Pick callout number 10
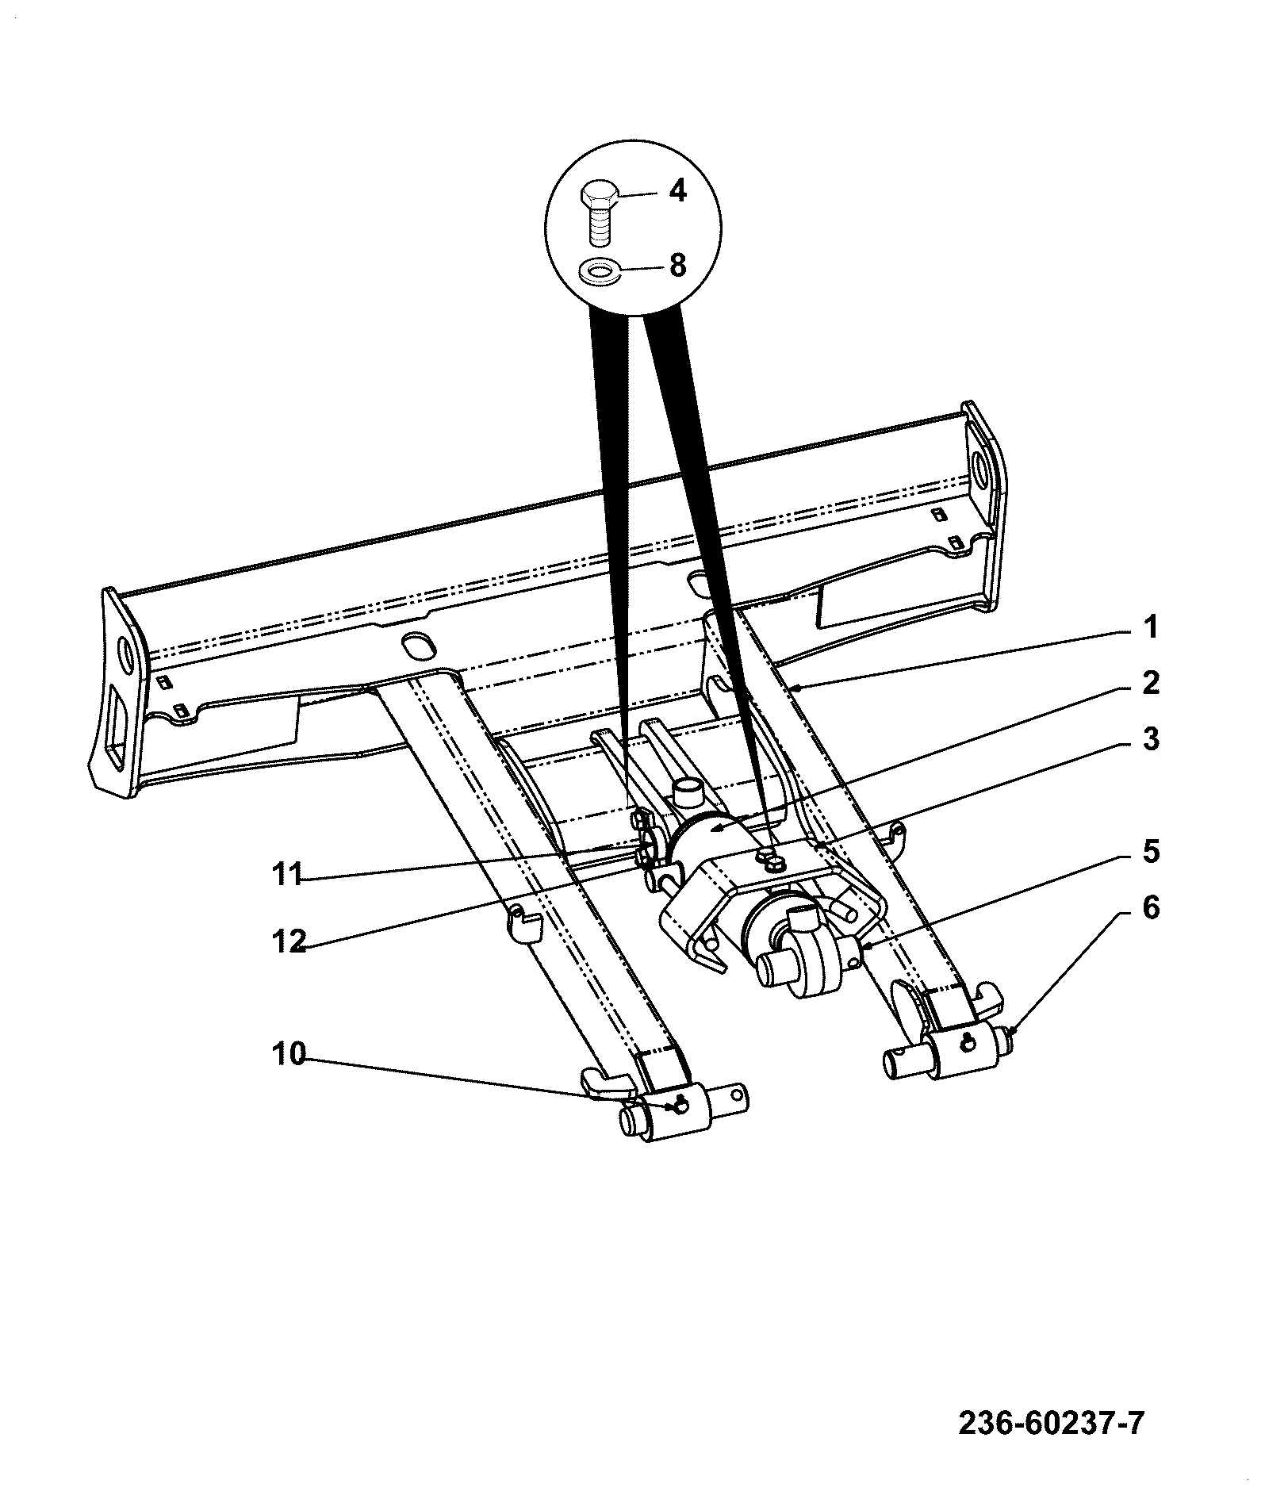288,1055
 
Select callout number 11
288,875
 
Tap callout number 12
288,941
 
